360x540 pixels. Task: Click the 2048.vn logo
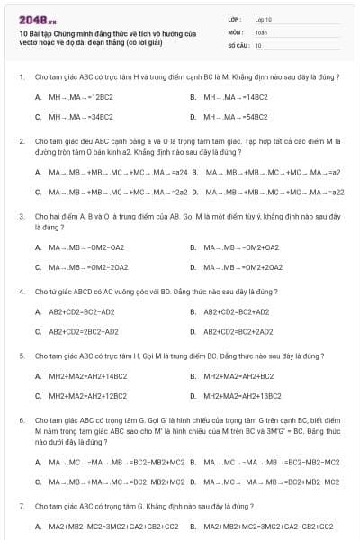(36, 18)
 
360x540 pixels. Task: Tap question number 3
(21, 217)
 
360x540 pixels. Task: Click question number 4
(21, 292)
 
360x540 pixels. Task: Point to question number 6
(21, 420)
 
